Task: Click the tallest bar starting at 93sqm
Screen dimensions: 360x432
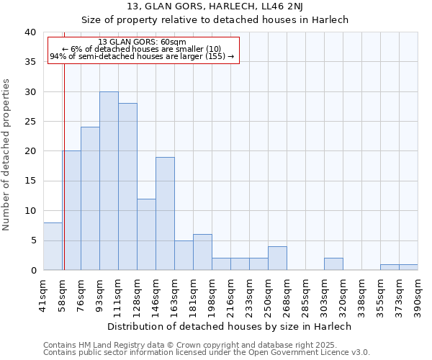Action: (109, 181)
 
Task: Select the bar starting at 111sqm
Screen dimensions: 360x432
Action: (127, 186)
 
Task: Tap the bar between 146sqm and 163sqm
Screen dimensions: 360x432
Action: (165, 213)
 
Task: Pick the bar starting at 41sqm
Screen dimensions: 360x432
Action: (53, 246)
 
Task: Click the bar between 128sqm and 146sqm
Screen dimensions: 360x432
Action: (146, 234)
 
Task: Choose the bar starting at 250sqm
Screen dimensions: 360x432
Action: (277, 258)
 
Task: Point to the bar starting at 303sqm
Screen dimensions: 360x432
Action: (333, 264)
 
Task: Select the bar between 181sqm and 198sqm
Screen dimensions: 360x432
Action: (202, 252)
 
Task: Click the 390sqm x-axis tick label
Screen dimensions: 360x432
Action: (418, 294)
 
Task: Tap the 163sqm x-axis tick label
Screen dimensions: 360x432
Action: (175, 294)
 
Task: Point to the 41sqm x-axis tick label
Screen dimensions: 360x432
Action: (44, 294)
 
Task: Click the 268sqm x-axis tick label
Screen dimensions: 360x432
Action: (287, 294)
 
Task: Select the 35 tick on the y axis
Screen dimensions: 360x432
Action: (30, 62)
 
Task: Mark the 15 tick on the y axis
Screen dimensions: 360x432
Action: (30, 181)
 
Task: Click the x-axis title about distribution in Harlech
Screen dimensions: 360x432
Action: (230, 326)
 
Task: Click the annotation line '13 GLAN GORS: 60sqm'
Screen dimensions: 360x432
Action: (142, 42)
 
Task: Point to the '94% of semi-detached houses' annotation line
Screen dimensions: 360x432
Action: (142, 56)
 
